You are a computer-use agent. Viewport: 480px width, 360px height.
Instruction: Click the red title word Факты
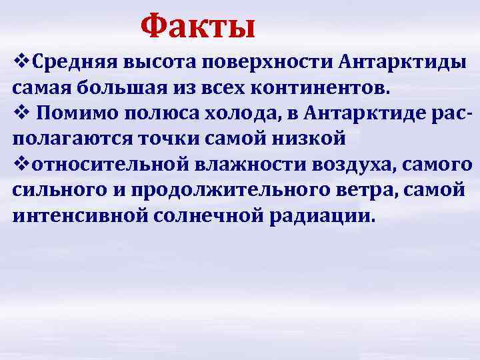198,27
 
